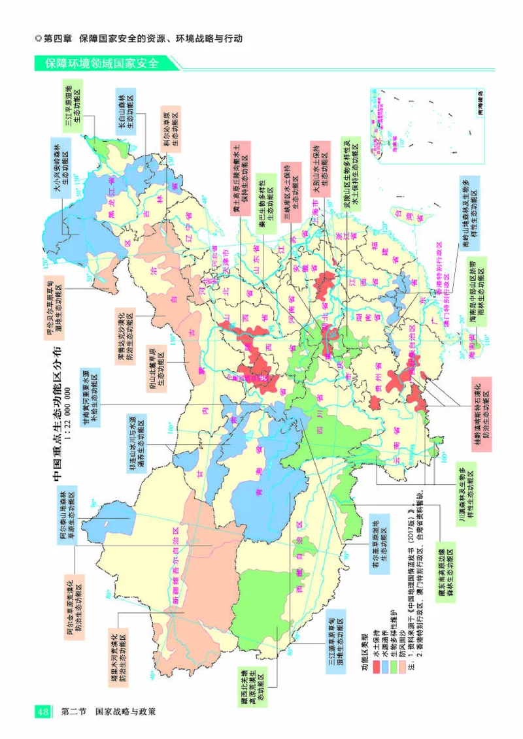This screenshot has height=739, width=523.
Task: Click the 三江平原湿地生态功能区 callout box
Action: click(73, 107)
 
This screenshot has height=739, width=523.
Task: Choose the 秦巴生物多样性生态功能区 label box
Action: click(265, 199)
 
